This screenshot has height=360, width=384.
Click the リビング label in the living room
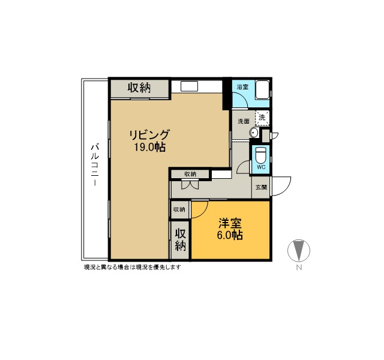pyautogui.click(x=149, y=134)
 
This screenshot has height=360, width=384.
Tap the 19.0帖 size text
pyautogui.click(x=149, y=147)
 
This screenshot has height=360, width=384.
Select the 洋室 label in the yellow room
pyautogui.click(x=230, y=223)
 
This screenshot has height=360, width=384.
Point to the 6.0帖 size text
pyautogui.click(x=230, y=235)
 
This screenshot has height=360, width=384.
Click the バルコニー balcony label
pyautogui.click(x=95, y=165)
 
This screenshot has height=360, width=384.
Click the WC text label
pyautogui.click(x=261, y=167)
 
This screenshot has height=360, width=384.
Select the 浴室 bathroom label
pyautogui.click(x=242, y=86)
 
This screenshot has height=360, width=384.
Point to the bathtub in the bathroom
pyautogui.click(x=263, y=89)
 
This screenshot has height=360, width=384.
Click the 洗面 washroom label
pyautogui.click(x=244, y=121)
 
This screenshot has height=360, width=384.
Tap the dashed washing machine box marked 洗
pyautogui.click(x=262, y=118)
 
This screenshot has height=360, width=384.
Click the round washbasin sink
pyautogui.click(x=254, y=133)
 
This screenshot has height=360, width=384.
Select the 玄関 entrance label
pyautogui.click(x=261, y=187)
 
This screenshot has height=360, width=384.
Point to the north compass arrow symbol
pyautogui.click(x=299, y=250)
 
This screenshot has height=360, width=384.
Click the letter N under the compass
pyautogui.click(x=299, y=268)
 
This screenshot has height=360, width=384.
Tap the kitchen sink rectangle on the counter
pyautogui.click(x=189, y=86)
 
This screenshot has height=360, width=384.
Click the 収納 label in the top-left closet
pyautogui.click(x=139, y=88)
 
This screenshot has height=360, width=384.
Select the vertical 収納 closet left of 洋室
pyautogui.click(x=180, y=240)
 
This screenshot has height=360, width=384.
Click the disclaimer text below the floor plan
pyautogui.click(x=133, y=267)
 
